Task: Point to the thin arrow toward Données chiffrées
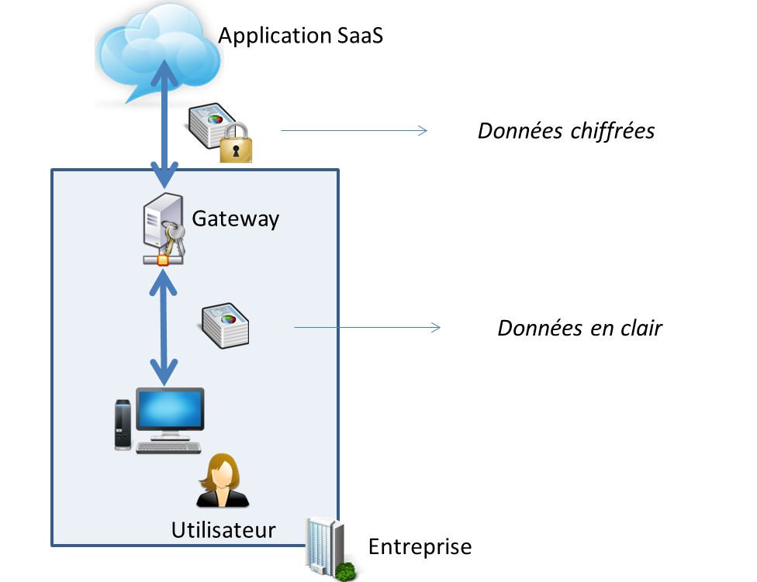354,131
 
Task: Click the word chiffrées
612,131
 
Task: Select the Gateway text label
235,219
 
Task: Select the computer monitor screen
170,409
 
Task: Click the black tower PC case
123,424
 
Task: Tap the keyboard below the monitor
168,448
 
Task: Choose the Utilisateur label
223,530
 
